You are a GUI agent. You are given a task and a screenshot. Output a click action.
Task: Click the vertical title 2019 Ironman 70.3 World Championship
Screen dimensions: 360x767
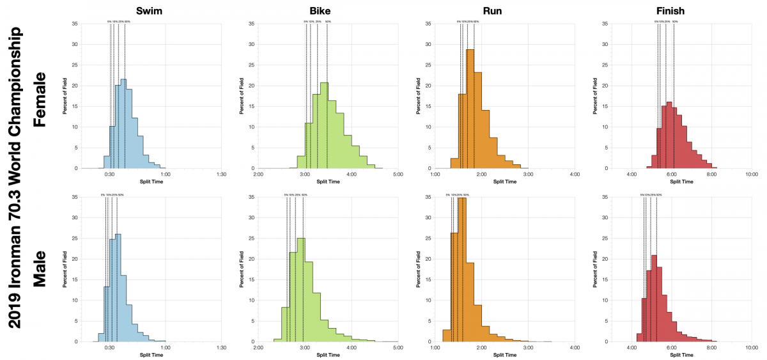pyautogui.click(x=15, y=180)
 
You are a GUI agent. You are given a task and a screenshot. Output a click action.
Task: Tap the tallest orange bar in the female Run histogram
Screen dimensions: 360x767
pyautogui.click(x=470, y=109)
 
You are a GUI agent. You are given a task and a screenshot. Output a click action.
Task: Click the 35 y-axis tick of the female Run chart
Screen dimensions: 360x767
pyautogui.click(x=430, y=24)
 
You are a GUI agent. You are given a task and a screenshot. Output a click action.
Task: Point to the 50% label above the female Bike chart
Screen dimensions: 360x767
pyautogui.click(x=328, y=21)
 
